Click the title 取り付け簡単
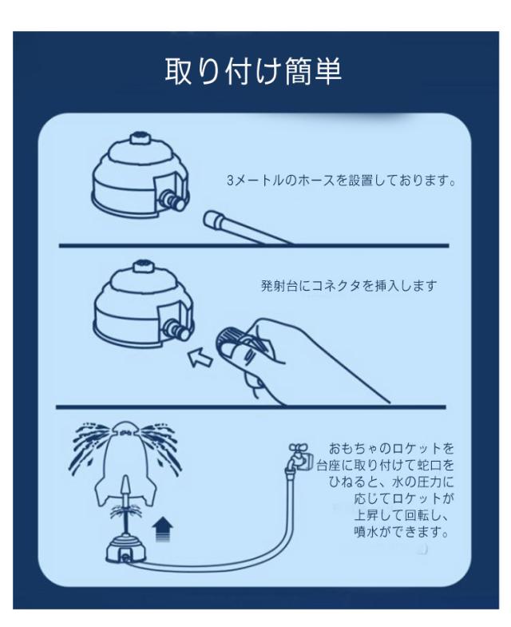click(253, 72)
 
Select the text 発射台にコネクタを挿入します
click(349, 286)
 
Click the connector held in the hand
click(236, 337)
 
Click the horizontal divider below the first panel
click(254, 246)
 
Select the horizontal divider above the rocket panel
click(254, 407)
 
